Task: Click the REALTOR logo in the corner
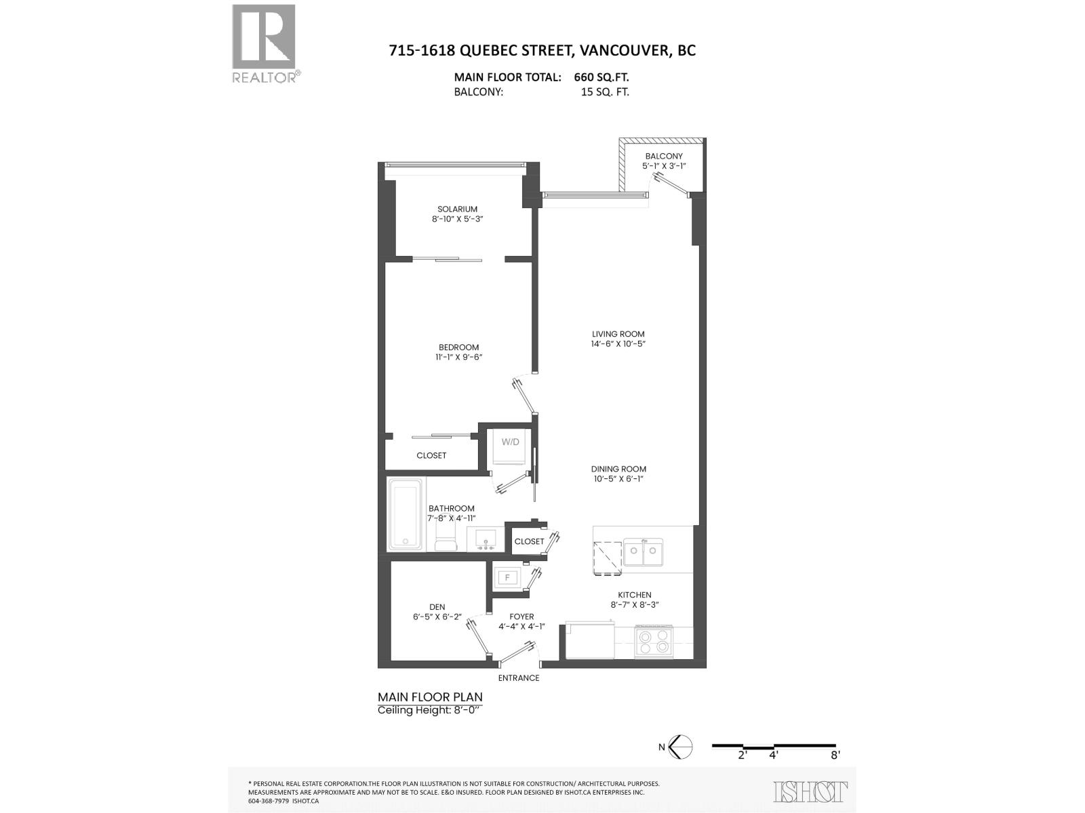264,43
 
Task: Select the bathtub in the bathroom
406,514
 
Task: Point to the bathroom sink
485,539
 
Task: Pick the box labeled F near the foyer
506,578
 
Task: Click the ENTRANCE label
519,678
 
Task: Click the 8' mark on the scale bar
835,755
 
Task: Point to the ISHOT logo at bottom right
810,791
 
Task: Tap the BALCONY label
664,157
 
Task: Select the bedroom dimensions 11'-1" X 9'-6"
458,357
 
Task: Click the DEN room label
437,607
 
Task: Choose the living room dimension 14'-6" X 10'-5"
618,343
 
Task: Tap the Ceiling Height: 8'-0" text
429,710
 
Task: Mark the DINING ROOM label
618,469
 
